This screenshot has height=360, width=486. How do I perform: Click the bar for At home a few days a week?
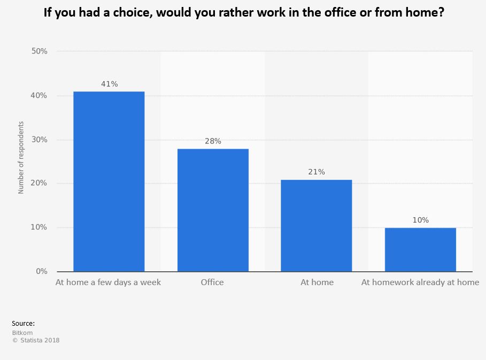click(x=109, y=181)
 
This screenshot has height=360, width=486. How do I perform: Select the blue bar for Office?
click(x=213, y=210)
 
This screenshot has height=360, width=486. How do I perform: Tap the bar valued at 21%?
click(x=317, y=225)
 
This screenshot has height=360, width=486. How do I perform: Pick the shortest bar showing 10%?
click(x=420, y=249)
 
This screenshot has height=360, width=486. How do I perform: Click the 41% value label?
click(x=109, y=84)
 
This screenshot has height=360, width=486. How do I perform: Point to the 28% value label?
click(x=213, y=141)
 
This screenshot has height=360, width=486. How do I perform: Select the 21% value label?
click(x=317, y=172)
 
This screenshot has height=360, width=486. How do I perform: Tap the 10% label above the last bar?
click(x=420, y=220)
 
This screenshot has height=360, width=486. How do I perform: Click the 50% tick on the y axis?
click(x=40, y=51)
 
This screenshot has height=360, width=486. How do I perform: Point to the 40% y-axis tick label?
click(x=40, y=96)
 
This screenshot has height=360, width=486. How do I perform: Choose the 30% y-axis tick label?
click(x=40, y=140)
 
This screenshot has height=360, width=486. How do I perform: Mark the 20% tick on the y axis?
click(x=40, y=183)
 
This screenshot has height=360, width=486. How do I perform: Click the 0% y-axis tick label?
click(x=42, y=271)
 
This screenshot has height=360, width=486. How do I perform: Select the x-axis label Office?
click(x=212, y=282)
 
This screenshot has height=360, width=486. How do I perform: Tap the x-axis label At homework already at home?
click(x=420, y=282)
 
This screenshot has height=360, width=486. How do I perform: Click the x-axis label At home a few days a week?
click(x=108, y=282)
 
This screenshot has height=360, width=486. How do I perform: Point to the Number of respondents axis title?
click(x=21, y=157)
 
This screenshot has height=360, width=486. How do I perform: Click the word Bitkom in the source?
click(x=22, y=333)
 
